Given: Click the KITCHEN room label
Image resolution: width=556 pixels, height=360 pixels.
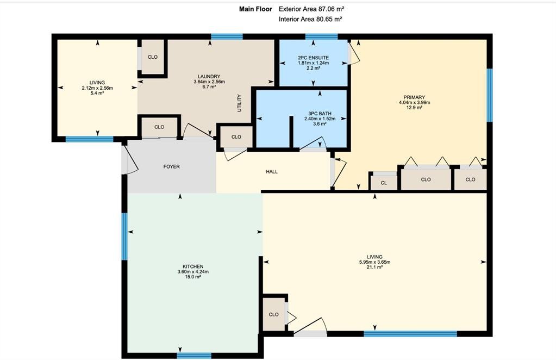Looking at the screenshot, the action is (x=193, y=266).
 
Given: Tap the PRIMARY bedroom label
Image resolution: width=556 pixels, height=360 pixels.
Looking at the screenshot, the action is (x=414, y=97).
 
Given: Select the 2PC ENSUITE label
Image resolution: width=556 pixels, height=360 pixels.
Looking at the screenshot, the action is (x=313, y=58).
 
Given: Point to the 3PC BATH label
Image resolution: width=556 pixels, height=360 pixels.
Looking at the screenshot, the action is (x=320, y=114).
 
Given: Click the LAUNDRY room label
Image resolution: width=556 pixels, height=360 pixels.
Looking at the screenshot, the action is (x=209, y=76).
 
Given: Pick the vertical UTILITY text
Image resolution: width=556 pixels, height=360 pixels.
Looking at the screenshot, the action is (x=239, y=103).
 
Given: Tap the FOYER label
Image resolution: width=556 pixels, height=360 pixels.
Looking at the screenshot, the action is (x=172, y=166).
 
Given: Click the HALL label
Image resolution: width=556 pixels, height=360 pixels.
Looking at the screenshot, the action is (x=272, y=172).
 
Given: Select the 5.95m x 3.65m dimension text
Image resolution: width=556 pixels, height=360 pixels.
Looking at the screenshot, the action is (x=375, y=262).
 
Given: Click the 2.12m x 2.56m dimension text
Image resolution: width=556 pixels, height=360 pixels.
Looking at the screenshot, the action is (x=97, y=88).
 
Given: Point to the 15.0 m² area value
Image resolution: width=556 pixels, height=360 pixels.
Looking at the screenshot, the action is (x=193, y=277).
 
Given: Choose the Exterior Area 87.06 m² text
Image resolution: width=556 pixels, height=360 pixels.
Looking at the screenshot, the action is (x=311, y=9).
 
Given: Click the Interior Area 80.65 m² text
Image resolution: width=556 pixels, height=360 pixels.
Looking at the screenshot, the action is (x=310, y=19).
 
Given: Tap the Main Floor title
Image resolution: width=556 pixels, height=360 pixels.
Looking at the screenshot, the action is (x=255, y=9).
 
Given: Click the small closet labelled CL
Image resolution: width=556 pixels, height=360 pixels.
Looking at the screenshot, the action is (x=384, y=183).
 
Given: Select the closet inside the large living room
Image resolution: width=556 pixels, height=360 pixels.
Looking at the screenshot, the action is (x=274, y=314).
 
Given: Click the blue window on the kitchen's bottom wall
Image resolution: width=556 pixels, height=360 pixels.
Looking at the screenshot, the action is (x=194, y=356).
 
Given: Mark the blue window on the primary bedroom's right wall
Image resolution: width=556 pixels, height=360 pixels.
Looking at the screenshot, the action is (x=490, y=95).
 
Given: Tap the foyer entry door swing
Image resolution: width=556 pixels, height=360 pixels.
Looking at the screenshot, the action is (x=129, y=160).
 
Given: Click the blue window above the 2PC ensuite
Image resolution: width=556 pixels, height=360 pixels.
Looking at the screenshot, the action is (x=322, y=36).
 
